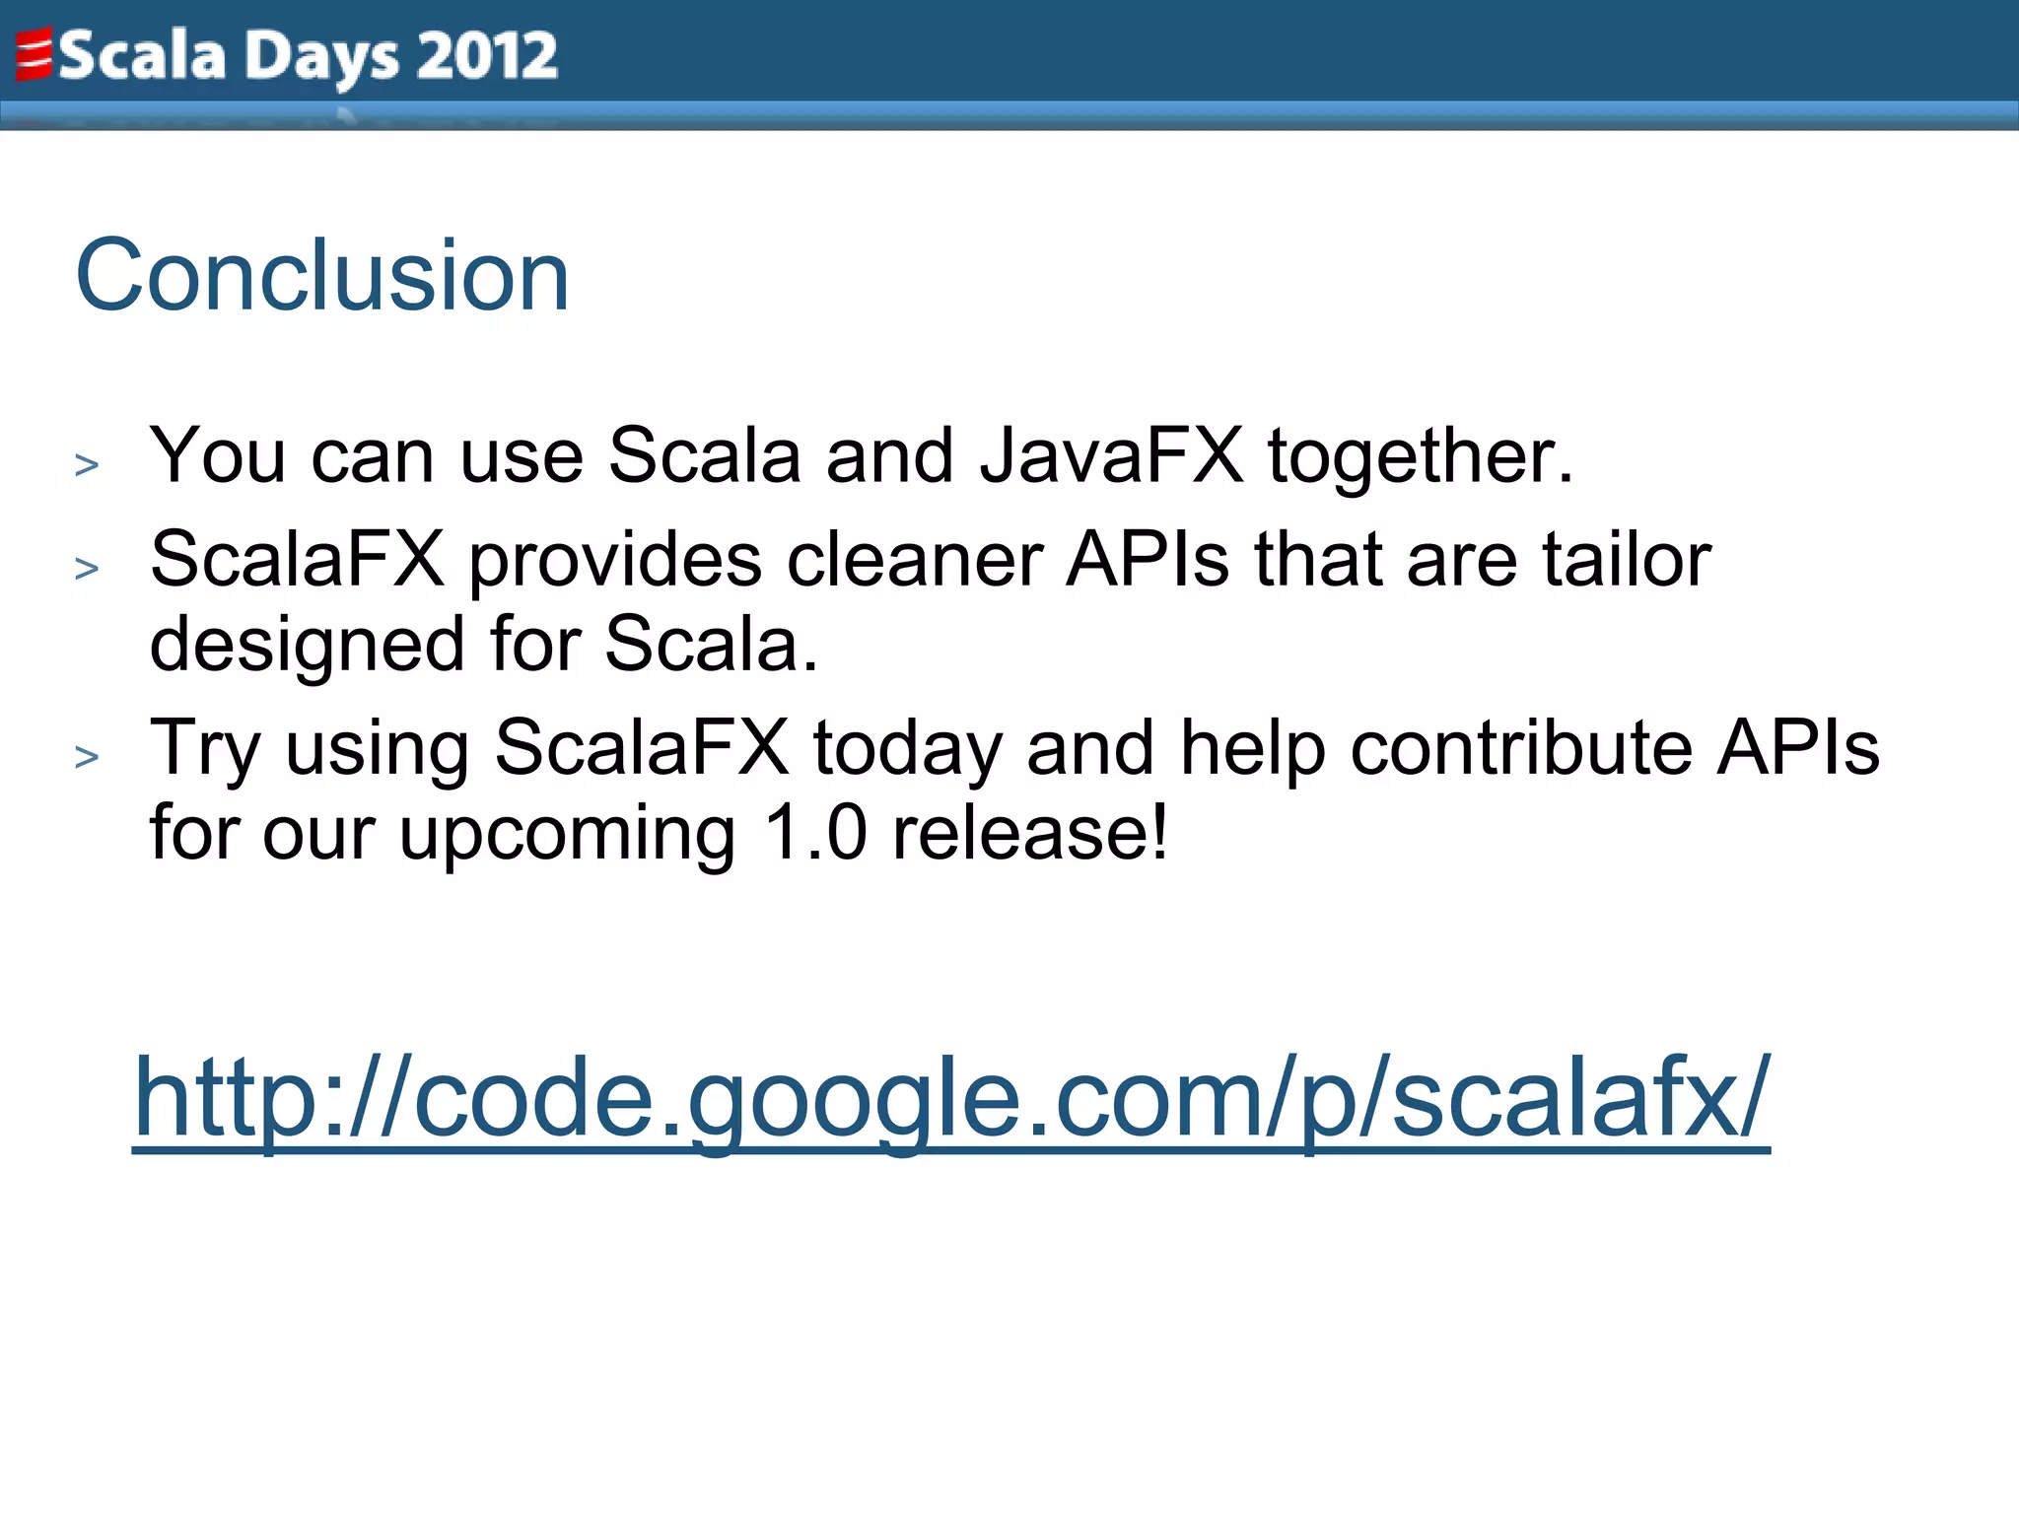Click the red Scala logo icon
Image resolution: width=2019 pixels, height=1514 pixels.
[34, 54]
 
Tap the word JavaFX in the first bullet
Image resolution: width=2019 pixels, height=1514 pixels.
[1111, 455]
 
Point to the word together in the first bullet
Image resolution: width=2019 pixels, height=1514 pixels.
[1420, 455]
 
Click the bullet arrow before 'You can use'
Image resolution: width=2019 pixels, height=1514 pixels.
[87, 464]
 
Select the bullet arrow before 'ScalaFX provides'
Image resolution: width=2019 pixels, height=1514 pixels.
[87, 568]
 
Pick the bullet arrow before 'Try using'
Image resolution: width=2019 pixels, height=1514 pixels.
[87, 756]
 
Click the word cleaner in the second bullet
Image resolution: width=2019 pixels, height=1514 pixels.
[914, 560]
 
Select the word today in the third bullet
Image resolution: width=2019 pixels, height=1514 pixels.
[907, 748]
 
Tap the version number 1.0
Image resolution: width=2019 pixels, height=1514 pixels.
[815, 833]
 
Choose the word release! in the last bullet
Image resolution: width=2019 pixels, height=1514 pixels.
[1030, 833]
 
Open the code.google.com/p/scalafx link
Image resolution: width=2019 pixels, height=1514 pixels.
[951, 1097]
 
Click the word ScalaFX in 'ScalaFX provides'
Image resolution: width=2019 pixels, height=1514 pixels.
[297, 560]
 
